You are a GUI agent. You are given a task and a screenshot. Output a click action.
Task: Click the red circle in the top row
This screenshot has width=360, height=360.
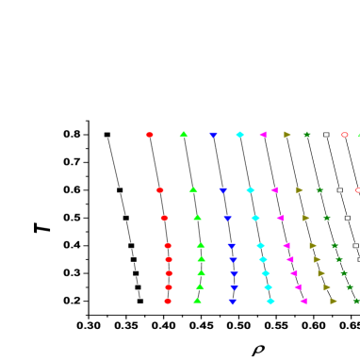point(150,135)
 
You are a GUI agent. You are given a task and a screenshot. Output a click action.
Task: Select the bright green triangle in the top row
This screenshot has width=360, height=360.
point(184,135)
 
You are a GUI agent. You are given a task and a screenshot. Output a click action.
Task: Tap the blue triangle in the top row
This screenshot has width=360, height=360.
point(214,135)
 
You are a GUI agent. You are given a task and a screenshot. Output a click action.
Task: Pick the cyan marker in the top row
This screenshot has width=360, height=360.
point(240,135)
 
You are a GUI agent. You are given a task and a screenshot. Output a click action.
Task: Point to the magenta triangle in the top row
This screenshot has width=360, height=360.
point(263,135)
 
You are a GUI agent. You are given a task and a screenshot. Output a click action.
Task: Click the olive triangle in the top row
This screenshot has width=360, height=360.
point(287,135)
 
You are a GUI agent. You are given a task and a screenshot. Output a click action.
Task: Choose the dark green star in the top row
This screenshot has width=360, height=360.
point(307,135)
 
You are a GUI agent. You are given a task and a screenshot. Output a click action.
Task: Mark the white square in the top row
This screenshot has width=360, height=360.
point(327,135)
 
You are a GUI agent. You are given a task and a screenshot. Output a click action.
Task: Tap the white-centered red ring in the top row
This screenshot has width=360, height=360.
point(345,135)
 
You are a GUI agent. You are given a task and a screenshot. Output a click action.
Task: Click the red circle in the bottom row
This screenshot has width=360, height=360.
point(168,302)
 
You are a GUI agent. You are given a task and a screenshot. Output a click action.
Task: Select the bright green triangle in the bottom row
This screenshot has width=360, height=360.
point(197,301)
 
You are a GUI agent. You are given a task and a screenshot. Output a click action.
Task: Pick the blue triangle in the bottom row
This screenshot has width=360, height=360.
point(232,302)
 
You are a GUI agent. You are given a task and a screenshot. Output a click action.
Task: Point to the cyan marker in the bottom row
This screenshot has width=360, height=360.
point(270,302)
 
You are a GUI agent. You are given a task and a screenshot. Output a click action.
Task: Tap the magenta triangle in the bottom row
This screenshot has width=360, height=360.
point(303,302)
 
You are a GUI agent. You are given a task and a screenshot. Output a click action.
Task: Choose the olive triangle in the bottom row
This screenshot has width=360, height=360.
point(334,302)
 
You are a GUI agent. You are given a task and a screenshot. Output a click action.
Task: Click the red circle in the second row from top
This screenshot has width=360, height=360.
point(160,190)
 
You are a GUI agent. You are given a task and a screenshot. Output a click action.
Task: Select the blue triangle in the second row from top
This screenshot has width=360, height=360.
point(223,190)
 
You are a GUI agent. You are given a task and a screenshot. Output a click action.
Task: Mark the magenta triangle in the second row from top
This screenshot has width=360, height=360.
point(274,190)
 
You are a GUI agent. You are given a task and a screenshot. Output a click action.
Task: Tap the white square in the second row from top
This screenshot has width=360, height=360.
point(340,190)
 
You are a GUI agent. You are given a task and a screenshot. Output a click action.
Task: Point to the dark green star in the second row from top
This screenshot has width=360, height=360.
point(320,190)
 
